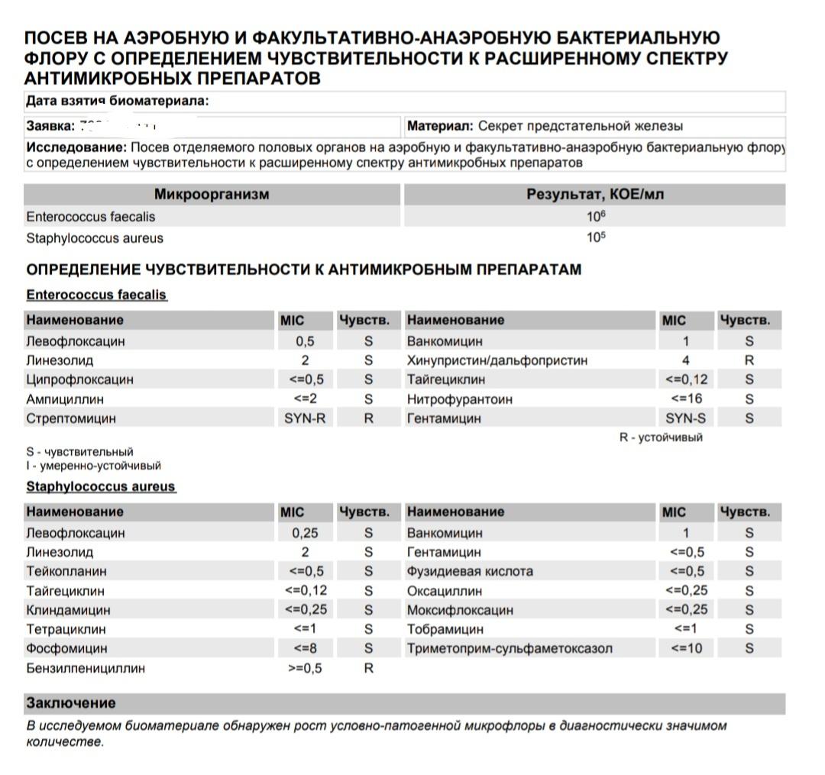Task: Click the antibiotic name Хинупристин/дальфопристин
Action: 497,360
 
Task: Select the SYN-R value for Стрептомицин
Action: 305,418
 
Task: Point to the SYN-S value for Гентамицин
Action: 686,418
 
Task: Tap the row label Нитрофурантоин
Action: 460,399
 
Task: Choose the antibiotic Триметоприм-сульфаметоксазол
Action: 510,649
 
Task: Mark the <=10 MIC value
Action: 686,649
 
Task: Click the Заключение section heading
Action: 71,703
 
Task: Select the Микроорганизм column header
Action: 212,195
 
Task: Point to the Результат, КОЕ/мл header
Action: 595,195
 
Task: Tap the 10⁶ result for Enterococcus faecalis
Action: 596,217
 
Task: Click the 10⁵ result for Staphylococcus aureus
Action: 596,237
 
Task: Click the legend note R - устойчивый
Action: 661,438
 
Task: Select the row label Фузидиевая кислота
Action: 470,571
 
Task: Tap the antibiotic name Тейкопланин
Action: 66,571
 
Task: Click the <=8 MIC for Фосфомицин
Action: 307,648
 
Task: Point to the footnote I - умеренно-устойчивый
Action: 93,466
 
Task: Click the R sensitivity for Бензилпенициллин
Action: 369,668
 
